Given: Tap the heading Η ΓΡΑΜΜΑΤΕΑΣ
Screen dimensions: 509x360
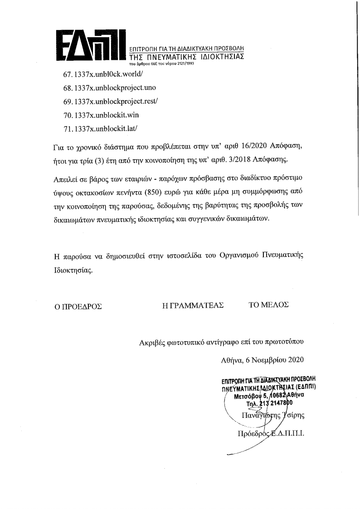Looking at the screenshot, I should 194,305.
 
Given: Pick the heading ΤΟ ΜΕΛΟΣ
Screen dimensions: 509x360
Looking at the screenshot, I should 268,305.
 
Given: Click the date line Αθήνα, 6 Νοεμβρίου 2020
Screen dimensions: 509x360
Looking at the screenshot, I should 262,360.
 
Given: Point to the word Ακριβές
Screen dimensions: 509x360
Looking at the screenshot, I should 153,343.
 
